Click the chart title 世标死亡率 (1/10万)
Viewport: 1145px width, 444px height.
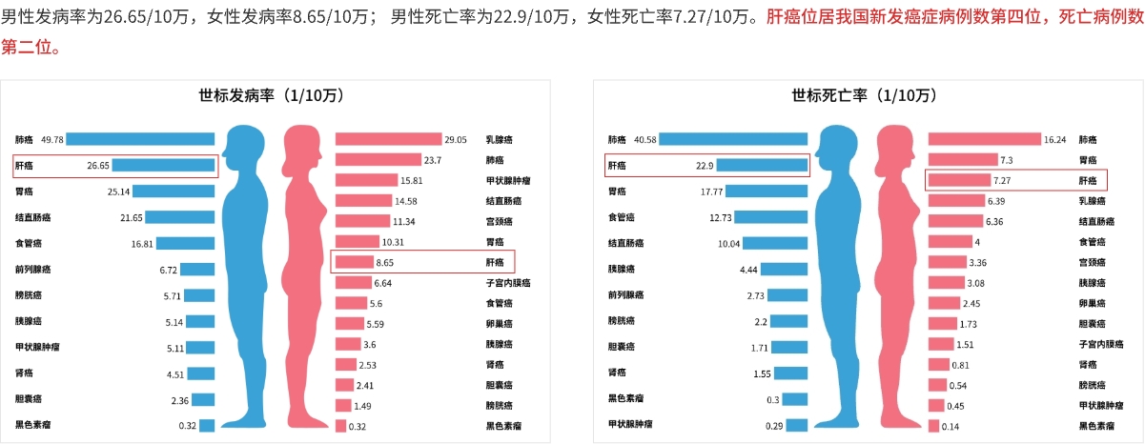(x=865, y=95)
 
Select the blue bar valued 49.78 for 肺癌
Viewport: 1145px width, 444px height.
(x=140, y=139)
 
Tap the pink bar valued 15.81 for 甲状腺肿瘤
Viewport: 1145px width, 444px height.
(x=366, y=180)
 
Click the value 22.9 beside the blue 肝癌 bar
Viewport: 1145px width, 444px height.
(x=705, y=165)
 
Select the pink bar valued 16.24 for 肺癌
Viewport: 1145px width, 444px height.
(x=984, y=139)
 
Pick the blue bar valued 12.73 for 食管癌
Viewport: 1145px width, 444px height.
(x=771, y=217)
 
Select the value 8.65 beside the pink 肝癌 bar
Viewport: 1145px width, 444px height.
(x=386, y=262)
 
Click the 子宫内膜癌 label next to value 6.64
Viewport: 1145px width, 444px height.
(x=507, y=283)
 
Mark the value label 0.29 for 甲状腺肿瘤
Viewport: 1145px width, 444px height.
(x=774, y=426)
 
